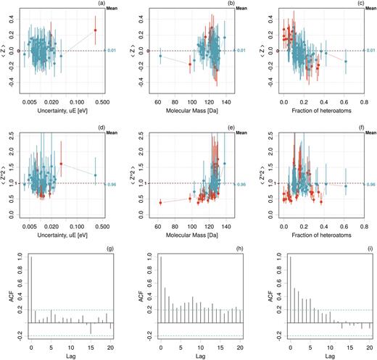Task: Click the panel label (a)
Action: click(105, 6)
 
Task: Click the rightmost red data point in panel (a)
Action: click(94, 30)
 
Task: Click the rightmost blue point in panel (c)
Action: click(346, 62)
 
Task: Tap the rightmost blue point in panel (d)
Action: click(94, 175)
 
